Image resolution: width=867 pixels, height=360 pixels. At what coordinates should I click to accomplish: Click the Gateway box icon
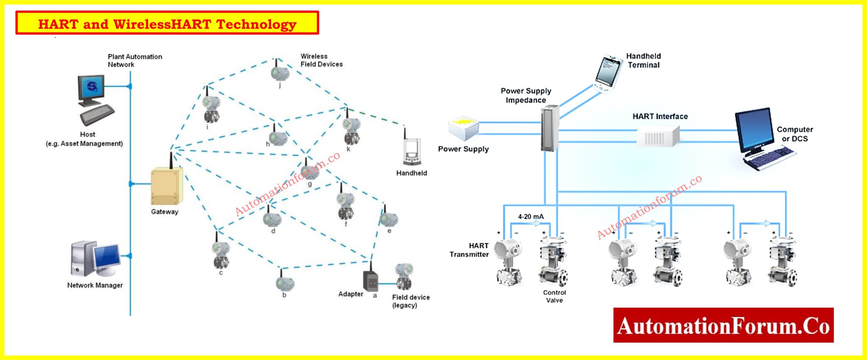pos(166,186)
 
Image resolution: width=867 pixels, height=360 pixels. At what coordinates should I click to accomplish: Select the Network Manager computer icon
pos(95,259)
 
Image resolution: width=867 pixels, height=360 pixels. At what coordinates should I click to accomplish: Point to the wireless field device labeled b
pos(284,282)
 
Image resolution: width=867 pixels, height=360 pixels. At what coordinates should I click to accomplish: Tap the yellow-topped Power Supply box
pos(464,128)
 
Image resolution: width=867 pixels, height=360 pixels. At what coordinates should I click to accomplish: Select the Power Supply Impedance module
pos(549,128)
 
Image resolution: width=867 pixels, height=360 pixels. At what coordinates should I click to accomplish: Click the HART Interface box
pos(657,136)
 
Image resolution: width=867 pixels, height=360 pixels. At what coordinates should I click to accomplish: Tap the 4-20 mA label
pos(530,216)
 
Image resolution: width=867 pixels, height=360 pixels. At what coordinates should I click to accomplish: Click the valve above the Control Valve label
pos(553,263)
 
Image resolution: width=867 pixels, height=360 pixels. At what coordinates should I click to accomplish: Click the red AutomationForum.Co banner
pos(723,325)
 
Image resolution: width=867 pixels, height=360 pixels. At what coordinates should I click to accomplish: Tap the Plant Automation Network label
pos(135,61)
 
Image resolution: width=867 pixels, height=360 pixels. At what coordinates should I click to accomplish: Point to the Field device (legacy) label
pos(410,301)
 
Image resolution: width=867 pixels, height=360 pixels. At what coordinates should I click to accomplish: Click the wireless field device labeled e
pos(388,219)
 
